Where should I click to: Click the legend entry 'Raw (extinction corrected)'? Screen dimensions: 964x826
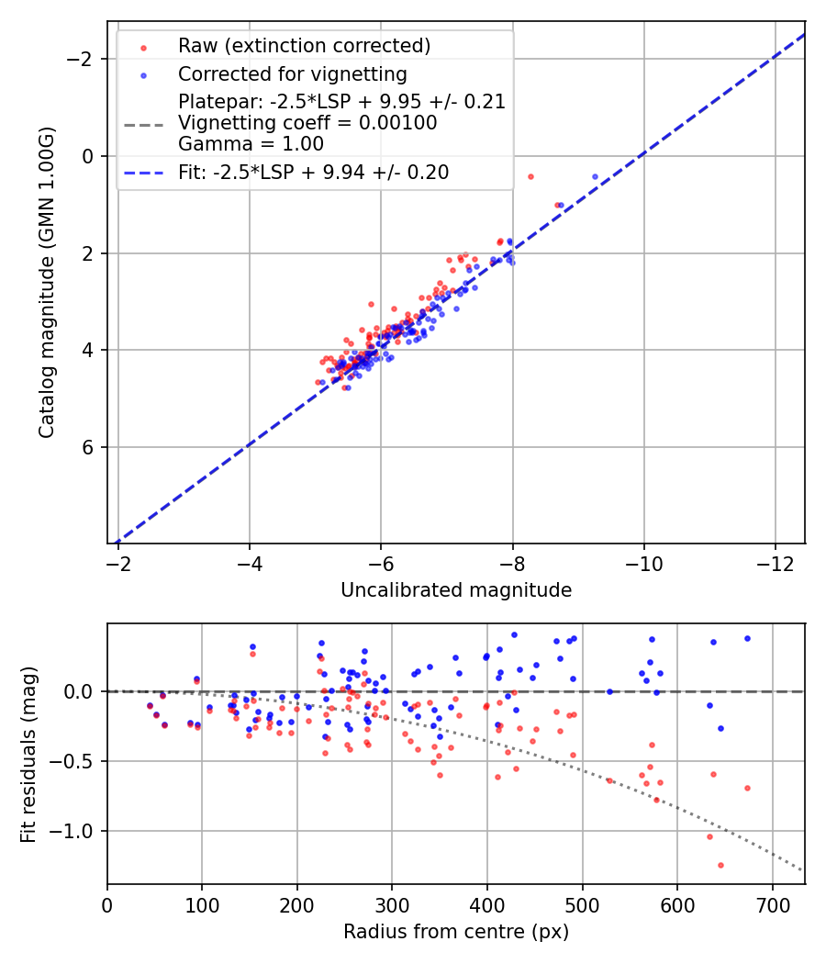(304, 45)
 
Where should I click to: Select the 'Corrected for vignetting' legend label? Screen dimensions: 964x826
(293, 73)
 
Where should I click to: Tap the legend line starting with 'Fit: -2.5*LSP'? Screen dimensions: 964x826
(313, 173)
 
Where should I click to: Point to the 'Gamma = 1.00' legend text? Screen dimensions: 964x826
(251, 143)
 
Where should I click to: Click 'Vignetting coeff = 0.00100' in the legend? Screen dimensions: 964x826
(307, 123)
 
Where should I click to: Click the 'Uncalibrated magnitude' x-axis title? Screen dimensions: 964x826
(456, 590)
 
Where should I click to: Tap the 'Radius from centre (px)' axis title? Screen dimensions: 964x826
(456, 932)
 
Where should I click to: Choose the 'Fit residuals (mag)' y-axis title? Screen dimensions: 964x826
(28, 755)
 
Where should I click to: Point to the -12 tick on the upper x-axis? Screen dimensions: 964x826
(776, 562)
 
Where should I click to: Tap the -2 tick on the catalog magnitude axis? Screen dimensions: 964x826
(84, 59)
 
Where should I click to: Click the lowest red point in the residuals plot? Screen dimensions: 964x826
(720, 865)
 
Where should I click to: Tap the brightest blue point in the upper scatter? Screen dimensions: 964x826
(595, 176)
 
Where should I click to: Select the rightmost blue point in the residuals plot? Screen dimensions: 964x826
(747, 638)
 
